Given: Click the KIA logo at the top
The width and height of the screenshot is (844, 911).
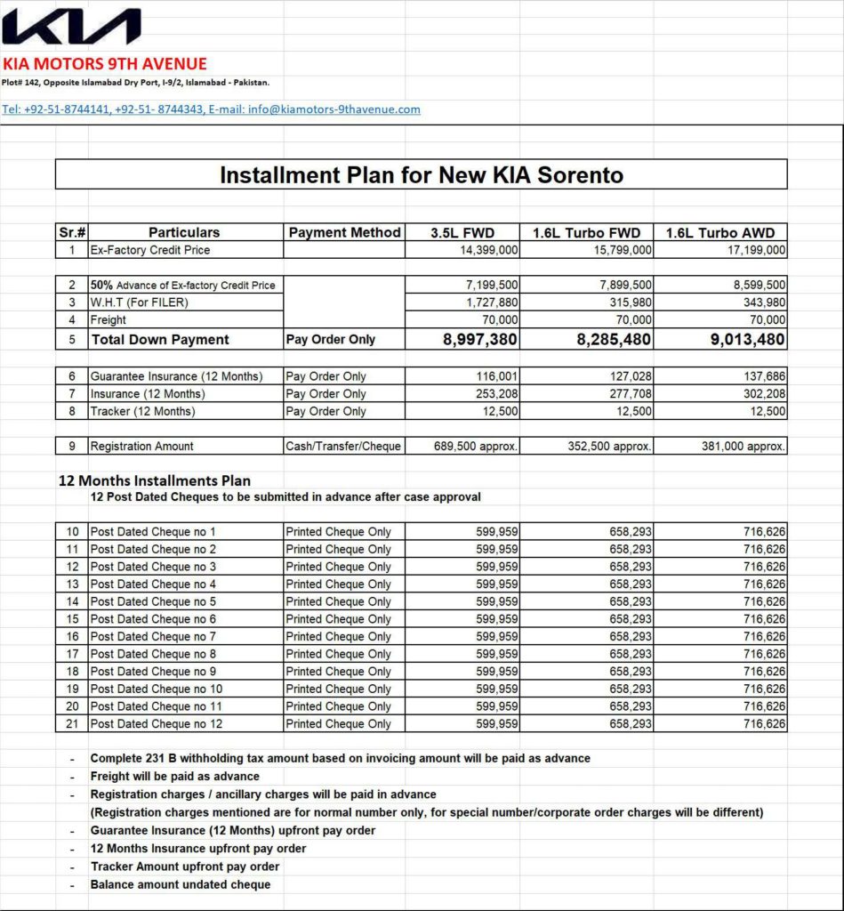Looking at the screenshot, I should (x=71, y=27).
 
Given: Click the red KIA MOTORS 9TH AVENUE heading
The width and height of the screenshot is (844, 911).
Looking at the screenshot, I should (x=104, y=64).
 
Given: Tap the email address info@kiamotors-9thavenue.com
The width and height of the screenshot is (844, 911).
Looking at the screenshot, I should (x=334, y=109).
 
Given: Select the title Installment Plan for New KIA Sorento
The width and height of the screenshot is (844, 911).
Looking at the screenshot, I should (x=421, y=174).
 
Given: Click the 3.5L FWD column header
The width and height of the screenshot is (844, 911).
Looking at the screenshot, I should (x=462, y=232).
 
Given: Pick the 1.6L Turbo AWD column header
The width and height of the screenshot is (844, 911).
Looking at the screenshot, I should (x=720, y=232).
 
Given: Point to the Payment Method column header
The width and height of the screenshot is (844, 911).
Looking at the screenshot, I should (x=344, y=232).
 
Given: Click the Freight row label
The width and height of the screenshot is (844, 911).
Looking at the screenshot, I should (x=109, y=319).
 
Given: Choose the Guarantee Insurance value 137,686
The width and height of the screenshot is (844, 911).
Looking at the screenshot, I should (x=762, y=376).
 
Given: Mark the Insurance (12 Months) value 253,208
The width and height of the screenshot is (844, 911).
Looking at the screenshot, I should (x=497, y=393).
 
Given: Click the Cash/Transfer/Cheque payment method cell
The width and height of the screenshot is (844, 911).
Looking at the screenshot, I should (x=343, y=446).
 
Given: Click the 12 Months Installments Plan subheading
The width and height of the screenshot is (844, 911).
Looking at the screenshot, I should (x=153, y=480).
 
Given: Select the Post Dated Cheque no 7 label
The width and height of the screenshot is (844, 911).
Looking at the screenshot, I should (x=153, y=636).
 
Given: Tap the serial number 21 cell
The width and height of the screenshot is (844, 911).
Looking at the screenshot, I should (x=72, y=723).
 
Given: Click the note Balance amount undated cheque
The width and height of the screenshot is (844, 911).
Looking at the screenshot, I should (x=181, y=884).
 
